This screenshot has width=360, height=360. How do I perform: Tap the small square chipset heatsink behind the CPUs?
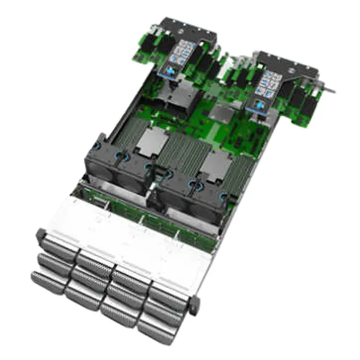222,115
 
